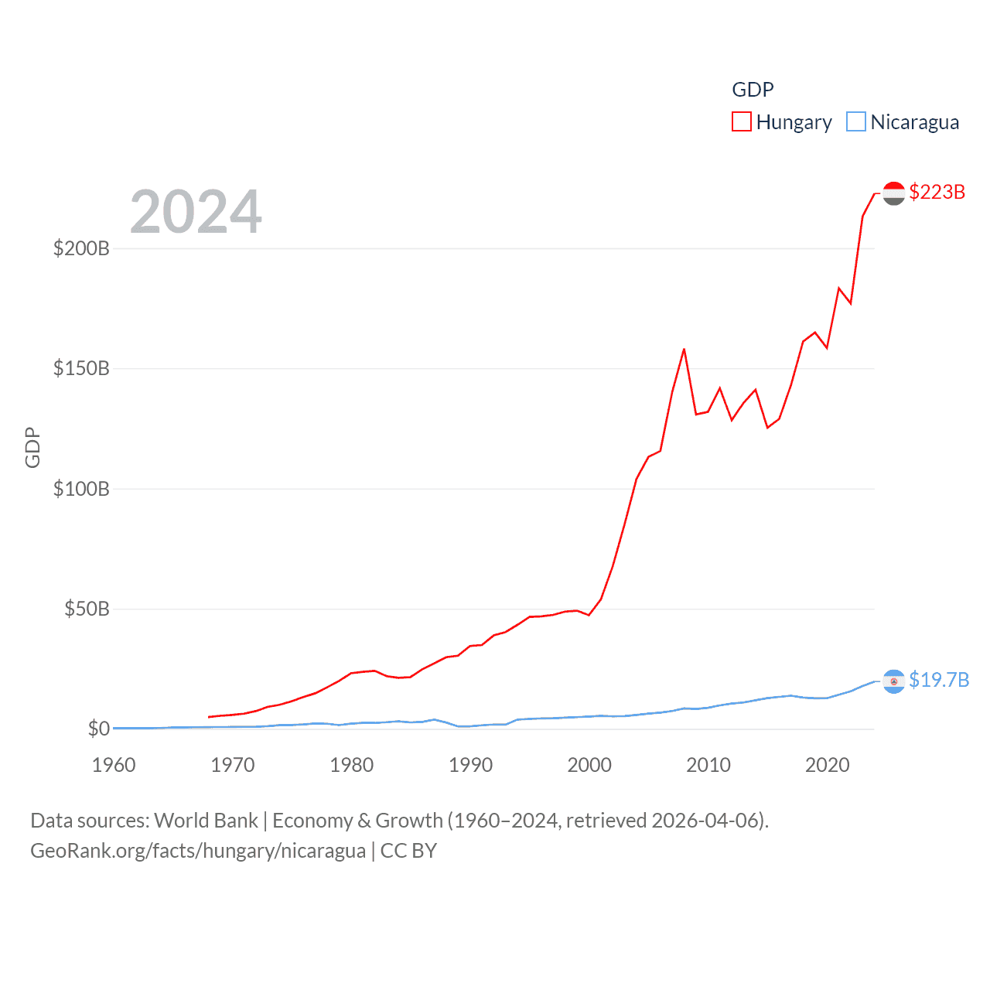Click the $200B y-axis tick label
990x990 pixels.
tap(81, 248)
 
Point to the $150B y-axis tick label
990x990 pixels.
tap(81, 368)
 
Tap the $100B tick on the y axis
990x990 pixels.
tap(81, 489)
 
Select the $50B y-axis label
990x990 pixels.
tap(87, 609)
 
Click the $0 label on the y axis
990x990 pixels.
tap(99, 729)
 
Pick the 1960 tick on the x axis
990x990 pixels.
tap(114, 765)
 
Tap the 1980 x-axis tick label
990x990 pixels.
tap(352, 765)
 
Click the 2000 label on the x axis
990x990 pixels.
tap(589, 765)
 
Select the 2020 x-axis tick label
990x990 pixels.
tap(828, 765)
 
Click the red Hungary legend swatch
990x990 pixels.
tap(742, 122)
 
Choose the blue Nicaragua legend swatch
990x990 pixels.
tap(856, 122)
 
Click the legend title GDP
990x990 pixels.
tap(753, 90)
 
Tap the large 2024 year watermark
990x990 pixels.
tap(196, 212)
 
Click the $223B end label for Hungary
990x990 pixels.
tap(937, 192)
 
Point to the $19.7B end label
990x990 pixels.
tap(939, 680)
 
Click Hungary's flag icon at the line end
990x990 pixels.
tap(894, 193)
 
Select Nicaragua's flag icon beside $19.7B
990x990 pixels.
tap(894, 681)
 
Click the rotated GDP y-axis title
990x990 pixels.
tap(32, 447)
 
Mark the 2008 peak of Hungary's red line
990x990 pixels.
tap(684, 350)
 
